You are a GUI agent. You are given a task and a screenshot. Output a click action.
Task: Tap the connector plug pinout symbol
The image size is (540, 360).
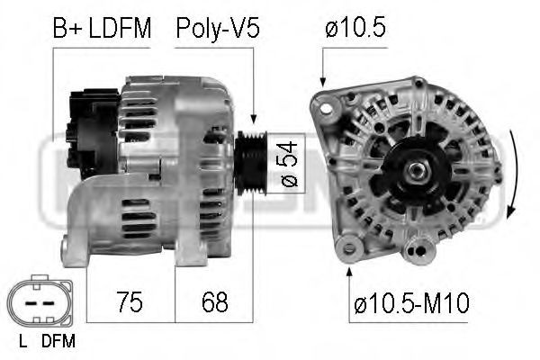pyautogui.click(x=36, y=302)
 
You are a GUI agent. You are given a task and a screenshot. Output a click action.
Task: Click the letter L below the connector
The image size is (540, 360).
pyautogui.click(x=21, y=341)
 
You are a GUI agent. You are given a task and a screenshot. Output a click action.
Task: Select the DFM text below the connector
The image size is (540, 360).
pyautogui.click(x=58, y=341)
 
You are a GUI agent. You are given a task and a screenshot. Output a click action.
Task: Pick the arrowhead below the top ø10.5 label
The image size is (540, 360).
pyautogui.click(x=323, y=83)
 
